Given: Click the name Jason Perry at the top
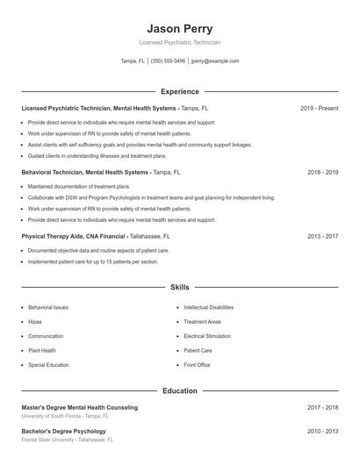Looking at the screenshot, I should [x=179, y=28].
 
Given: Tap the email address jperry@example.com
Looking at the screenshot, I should [x=214, y=61].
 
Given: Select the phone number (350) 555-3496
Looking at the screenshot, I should [x=168, y=61].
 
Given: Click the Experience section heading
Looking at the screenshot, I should [x=179, y=91].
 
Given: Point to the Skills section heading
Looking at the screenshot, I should [x=179, y=287].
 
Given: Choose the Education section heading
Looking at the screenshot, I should [x=179, y=390].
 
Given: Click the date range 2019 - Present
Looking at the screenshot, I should [x=319, y=108].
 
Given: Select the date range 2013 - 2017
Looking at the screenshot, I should [x=321, y=236].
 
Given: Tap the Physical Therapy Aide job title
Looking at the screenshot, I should [x=74, y=236].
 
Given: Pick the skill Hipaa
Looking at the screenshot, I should [x=36, y=322].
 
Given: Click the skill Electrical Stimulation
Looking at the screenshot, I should [x=207, y=336].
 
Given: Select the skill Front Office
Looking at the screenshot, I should [x=197, y=364].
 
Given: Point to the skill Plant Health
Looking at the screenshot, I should [x=42, y=350].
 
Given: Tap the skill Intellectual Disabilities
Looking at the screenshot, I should [x=208, y=308].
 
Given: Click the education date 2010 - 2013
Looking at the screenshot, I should [x=322, y=432].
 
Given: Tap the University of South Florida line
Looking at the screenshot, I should [x=66, y=416].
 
